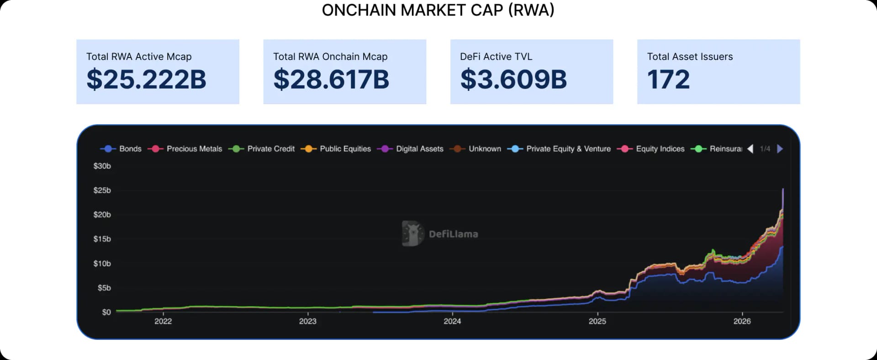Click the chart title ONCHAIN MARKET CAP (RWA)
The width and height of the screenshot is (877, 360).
click(438, 10)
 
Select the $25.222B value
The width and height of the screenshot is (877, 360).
click(146, 79)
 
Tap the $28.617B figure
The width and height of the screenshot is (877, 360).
click(331, 79)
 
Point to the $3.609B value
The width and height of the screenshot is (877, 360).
click(513, 79)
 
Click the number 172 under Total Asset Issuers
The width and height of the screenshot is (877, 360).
click(668, 79)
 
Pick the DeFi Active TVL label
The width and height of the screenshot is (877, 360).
click(496, 57)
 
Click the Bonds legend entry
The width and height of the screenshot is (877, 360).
click(121, 149)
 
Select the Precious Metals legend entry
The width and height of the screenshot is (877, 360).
click(185, 149)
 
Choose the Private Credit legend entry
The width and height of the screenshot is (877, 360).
click(262, 149)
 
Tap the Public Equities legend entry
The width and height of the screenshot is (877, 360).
click(336, 149)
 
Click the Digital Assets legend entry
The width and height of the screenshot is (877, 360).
click(411, 149)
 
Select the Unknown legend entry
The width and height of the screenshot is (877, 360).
click(475, 149)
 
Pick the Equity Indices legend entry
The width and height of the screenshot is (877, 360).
click(651, 149)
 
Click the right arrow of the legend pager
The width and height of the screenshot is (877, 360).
click(780, 149)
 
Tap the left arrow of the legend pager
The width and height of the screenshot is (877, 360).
click(750, 149)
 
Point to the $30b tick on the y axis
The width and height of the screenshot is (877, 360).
click(102, 166)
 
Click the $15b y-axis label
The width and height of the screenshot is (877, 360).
click(102, 239)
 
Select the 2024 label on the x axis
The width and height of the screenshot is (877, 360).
click(452, 322)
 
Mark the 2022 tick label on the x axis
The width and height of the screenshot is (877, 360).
click(163, 322)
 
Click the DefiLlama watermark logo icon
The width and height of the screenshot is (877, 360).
click(412, 233)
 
